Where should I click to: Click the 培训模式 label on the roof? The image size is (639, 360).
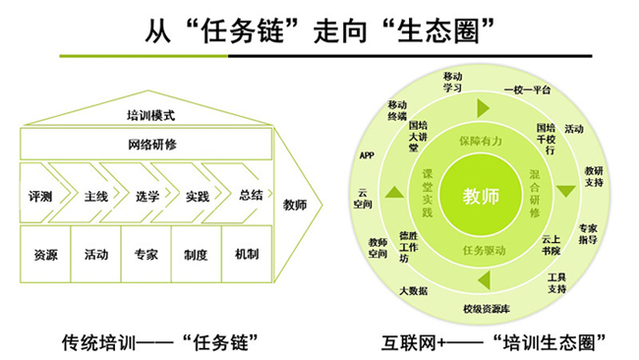(150, 115)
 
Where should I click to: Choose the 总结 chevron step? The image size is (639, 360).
(250, 196)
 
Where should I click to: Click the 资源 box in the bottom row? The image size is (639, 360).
(45, 255)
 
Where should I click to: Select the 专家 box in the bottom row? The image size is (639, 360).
(146, 255)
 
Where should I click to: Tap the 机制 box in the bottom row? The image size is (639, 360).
(247, 255)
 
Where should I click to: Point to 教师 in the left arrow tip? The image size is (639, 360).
(294, 205)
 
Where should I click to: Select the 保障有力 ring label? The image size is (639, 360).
(481, 141)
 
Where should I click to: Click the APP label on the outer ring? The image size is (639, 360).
(367, 155)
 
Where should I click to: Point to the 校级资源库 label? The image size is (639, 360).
(487, 309)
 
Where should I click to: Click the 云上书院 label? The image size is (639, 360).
(552, 243)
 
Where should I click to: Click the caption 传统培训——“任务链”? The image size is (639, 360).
(159, 341)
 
